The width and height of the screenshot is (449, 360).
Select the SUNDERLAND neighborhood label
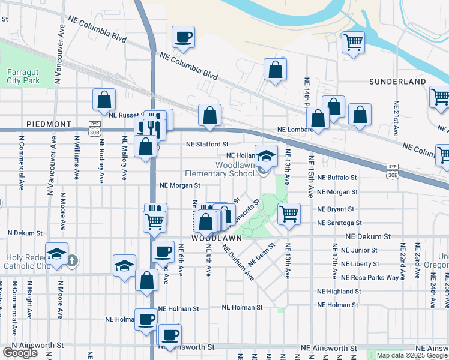pos(397,82)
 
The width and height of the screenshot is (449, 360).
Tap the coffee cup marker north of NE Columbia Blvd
pos(183,38)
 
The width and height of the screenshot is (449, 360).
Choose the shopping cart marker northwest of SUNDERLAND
pos(353,42)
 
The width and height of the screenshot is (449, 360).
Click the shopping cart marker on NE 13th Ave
pos(289,214)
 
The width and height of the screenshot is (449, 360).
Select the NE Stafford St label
pos(207,145)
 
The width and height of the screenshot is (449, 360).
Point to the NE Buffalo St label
pos(337,178)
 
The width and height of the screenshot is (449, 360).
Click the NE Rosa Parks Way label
pos(370,278)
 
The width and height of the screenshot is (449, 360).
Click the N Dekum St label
pos(25,233)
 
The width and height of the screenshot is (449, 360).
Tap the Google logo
pos(20,353)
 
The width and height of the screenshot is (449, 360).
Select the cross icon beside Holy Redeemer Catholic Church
pos(72,260)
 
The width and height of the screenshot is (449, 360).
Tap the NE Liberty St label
pos(359,264)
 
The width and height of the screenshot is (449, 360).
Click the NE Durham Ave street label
pos(238,262)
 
